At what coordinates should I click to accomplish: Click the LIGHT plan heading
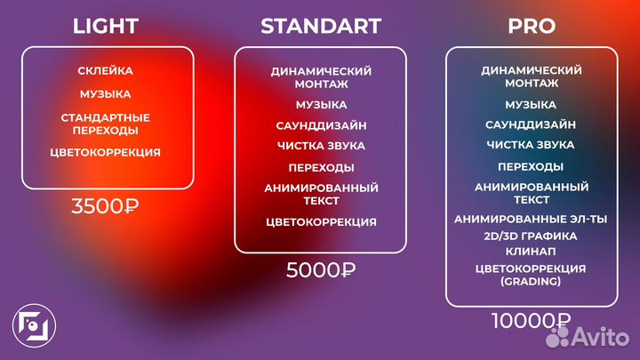(x=105, y=26)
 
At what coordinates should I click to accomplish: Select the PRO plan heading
(x=531, y=26)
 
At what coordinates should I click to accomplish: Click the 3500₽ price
(x=105, y=207)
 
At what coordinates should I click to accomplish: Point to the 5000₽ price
(x=320, y=270)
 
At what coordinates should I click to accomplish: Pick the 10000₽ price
(x=531, y=321)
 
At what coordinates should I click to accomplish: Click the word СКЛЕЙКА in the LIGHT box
(x=105, y=70)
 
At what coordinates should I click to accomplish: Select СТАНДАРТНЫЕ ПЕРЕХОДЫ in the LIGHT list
(x=105, y=124)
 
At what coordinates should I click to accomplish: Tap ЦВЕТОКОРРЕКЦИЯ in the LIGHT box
(x=105, y=152)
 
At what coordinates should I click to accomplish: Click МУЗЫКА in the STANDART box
(x=320, y=105)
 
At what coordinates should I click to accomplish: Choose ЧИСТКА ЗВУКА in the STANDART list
(x=320, y=146)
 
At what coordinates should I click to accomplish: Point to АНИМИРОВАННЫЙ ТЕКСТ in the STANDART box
(x=320, y=194)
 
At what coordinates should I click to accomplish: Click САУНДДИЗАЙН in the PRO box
(x=531, y=124)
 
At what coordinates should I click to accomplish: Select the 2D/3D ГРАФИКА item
(x=531, y=236)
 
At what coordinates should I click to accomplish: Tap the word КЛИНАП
(x=531, y=252)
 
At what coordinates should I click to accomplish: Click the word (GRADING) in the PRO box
(x=531, y=281)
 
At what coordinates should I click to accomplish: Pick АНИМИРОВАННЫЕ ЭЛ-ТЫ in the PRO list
(x=531, y=219)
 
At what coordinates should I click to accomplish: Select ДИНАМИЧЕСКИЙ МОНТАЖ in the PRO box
(x=531, y=76)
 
